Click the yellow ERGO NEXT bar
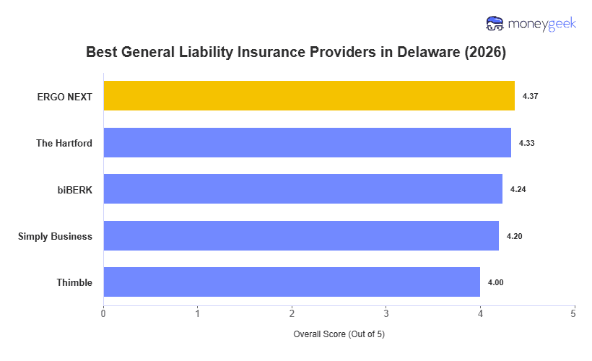309,96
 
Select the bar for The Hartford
307,143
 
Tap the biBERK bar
302,189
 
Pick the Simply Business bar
301,236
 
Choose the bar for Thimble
292,282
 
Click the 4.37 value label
529,96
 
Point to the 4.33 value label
526,143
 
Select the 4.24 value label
518,189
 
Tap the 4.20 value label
514,236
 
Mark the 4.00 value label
495,282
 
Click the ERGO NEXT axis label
65,96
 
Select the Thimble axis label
74,282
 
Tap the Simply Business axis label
55,236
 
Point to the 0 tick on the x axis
103,313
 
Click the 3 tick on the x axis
386,313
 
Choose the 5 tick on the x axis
574,313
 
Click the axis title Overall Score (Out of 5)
339,335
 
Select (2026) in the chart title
485,53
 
